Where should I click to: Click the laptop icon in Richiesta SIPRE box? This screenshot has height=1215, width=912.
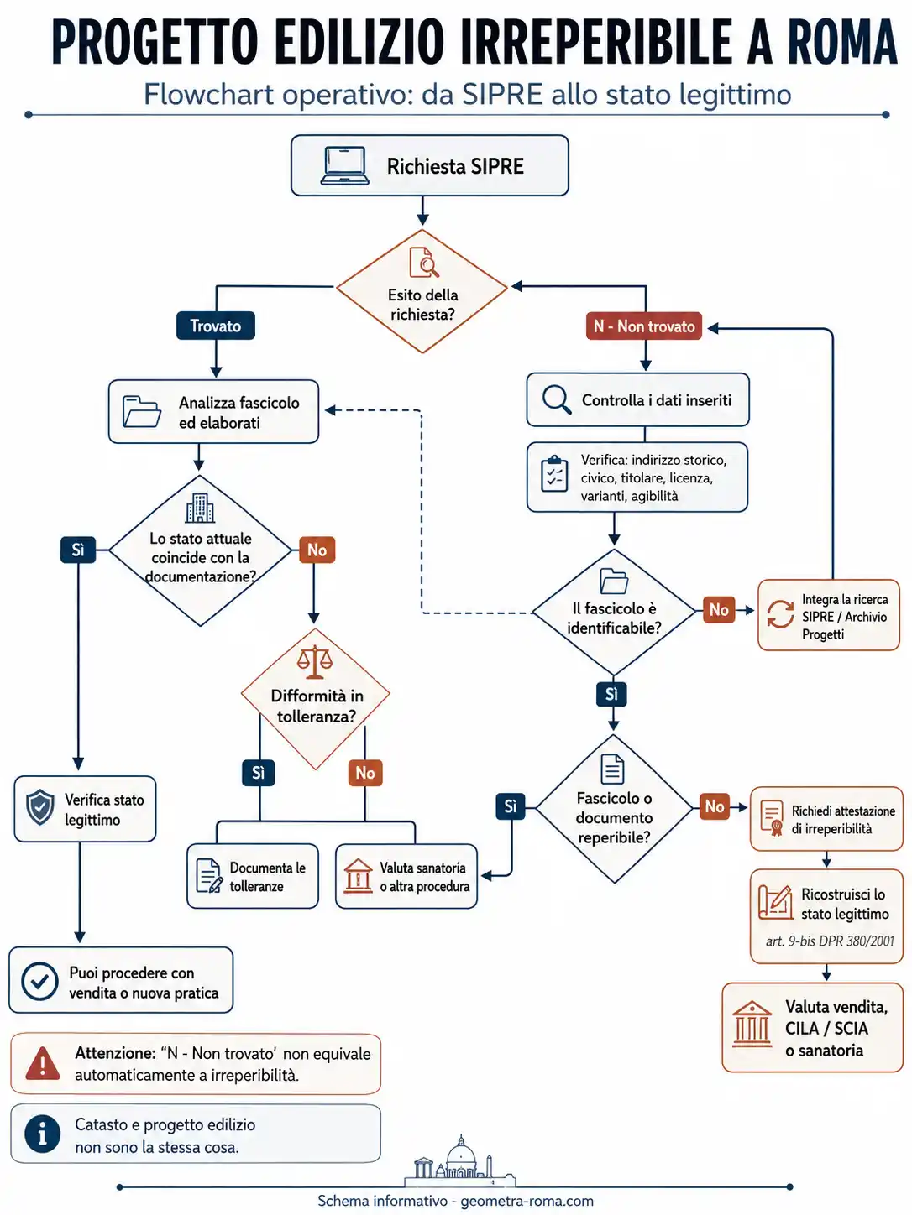(344, 165)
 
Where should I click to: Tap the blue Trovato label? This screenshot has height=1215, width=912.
(215, 326)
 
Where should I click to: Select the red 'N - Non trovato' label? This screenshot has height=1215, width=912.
(643, 326)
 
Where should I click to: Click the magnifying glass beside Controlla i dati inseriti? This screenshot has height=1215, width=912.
(557, 399)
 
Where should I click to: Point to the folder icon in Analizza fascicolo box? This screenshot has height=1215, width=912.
(142, 411)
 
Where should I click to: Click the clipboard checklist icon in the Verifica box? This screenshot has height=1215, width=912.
(554, 474)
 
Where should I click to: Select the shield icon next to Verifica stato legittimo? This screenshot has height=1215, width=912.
(40, 807)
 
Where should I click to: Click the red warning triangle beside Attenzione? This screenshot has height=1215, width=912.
(43, 1063)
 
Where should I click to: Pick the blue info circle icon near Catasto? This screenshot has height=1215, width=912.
(43, 1134)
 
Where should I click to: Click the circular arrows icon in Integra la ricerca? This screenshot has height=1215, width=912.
(780, 614)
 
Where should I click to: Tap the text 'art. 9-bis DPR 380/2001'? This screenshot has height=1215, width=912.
(830, 941)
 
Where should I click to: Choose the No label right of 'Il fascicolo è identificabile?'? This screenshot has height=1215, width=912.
(719, 609)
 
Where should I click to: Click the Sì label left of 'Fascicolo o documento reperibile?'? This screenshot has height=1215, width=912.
(511, 806)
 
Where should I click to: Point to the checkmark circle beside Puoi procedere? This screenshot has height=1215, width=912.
(39, 982)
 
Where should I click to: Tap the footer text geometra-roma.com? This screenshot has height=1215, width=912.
(527, 1201)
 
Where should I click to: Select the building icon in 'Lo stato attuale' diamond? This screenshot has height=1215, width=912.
(200, 508)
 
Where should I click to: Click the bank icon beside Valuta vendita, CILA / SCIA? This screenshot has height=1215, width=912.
(752, 1024)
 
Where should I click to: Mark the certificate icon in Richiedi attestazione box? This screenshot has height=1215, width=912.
(772, 817)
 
